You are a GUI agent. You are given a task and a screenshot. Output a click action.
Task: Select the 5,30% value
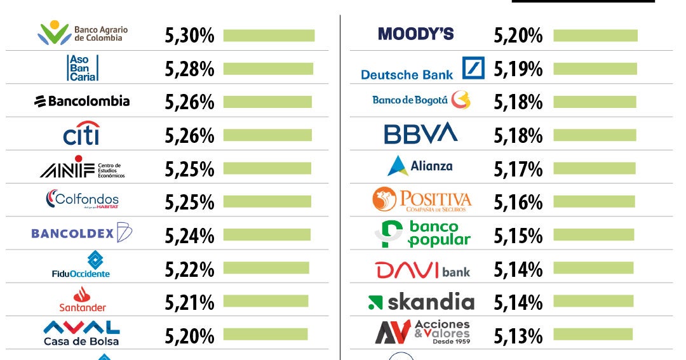189,36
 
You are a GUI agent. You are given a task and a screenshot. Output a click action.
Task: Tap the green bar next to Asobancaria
268,69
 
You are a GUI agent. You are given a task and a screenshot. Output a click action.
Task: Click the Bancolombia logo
81,101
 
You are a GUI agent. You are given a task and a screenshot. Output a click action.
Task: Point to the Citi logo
81,133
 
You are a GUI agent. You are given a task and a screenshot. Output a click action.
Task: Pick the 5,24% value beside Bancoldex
189,236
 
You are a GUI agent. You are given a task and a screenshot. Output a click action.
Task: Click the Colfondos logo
82,201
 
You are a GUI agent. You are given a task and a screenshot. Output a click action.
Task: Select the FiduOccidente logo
81,265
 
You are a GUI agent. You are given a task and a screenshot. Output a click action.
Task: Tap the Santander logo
82,299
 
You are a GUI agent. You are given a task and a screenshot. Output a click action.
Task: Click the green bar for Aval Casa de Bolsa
265,334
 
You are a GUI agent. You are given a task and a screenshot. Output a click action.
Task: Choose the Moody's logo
415,34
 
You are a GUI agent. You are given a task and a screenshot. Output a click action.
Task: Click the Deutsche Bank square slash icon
473,67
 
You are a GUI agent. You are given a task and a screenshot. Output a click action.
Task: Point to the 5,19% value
518,69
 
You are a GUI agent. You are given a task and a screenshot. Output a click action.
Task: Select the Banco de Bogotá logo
421,100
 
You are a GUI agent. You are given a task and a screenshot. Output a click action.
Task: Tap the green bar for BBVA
595,135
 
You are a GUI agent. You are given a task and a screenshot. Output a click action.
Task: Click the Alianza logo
420,166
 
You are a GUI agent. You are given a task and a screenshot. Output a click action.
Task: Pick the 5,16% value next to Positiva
518,203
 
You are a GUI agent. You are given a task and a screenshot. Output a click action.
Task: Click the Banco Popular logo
422,234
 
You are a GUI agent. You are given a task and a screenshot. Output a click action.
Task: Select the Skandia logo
421,302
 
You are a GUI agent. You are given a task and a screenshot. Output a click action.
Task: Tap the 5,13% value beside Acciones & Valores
518,336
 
